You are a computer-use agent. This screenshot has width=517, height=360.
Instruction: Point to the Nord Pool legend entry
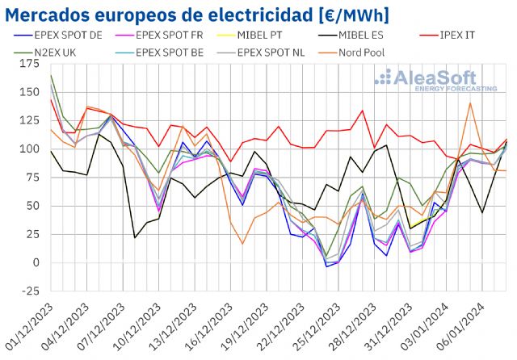click(x=359, y=53)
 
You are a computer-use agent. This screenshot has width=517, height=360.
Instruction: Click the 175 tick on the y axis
click(x=31, y=63)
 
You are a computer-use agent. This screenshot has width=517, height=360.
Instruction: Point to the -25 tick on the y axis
click(x=31, y=291)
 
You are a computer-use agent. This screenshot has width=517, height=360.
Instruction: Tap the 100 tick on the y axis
click(x=31, y=149)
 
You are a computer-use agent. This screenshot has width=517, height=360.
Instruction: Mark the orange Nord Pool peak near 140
click(x=470, y=103)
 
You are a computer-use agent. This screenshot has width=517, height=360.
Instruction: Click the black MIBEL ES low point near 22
click(x=134, y=237)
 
